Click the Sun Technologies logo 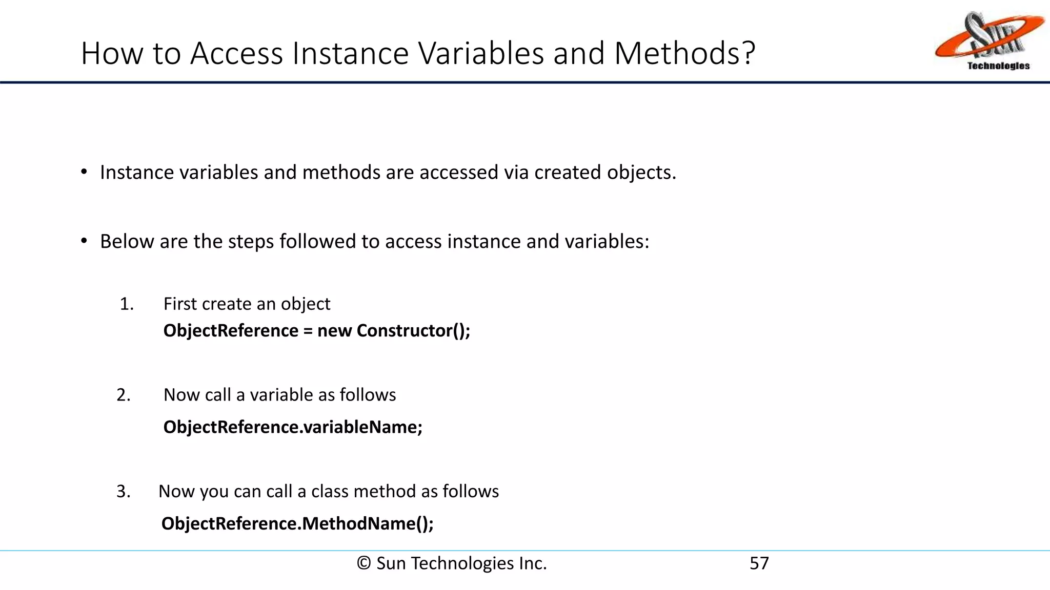(990, 41)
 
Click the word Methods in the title (684, 53)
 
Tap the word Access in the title (236, 53)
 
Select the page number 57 (759, 563)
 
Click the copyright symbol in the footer (364, 563)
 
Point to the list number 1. (126, 304)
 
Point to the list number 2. (124, 395)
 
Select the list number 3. (124, 492)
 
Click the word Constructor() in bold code (413, 331)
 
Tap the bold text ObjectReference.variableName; (293, 427)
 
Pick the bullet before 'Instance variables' (84, 172)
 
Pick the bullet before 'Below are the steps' (84, 241)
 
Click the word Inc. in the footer (533, 563)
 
